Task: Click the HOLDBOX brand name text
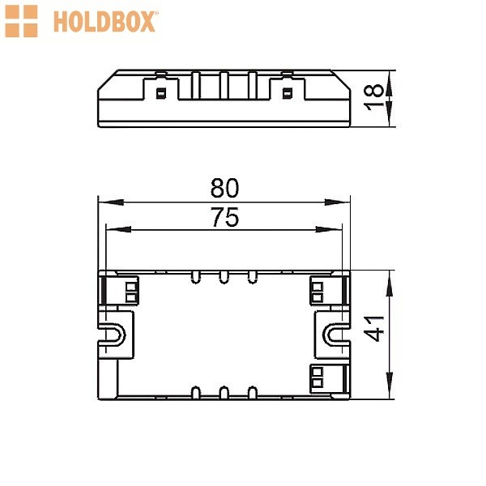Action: coord(104,22)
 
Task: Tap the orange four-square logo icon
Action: coord(21,21)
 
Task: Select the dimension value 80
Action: coord(224,188)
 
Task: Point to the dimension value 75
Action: coord(224,217)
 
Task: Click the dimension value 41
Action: coord(373,329)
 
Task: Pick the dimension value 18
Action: coord(373,98)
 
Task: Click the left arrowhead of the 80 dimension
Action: coord(111,202)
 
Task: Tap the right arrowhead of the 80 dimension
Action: coord(337,202)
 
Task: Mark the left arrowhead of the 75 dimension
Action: coord(118,230)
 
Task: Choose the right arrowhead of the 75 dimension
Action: coord(329,230)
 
